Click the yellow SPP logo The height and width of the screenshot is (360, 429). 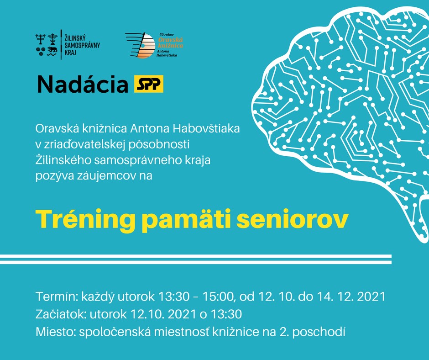coord(149,84)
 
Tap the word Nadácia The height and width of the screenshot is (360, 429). coord(83,84)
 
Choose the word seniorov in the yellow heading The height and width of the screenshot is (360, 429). coord(292,219)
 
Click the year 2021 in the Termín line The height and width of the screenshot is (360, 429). coord(371,296)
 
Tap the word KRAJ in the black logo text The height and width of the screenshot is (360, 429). coord(70,52)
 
